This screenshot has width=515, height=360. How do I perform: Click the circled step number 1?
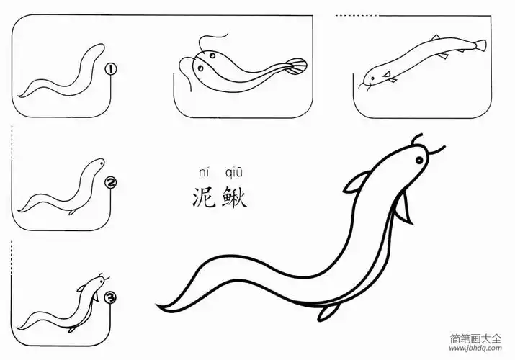coord(110,69)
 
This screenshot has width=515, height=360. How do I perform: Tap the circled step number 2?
coord(110,183)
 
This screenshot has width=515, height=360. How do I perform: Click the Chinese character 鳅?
coord(235,197)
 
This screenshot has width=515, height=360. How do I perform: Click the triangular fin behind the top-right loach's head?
coord(388,74)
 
